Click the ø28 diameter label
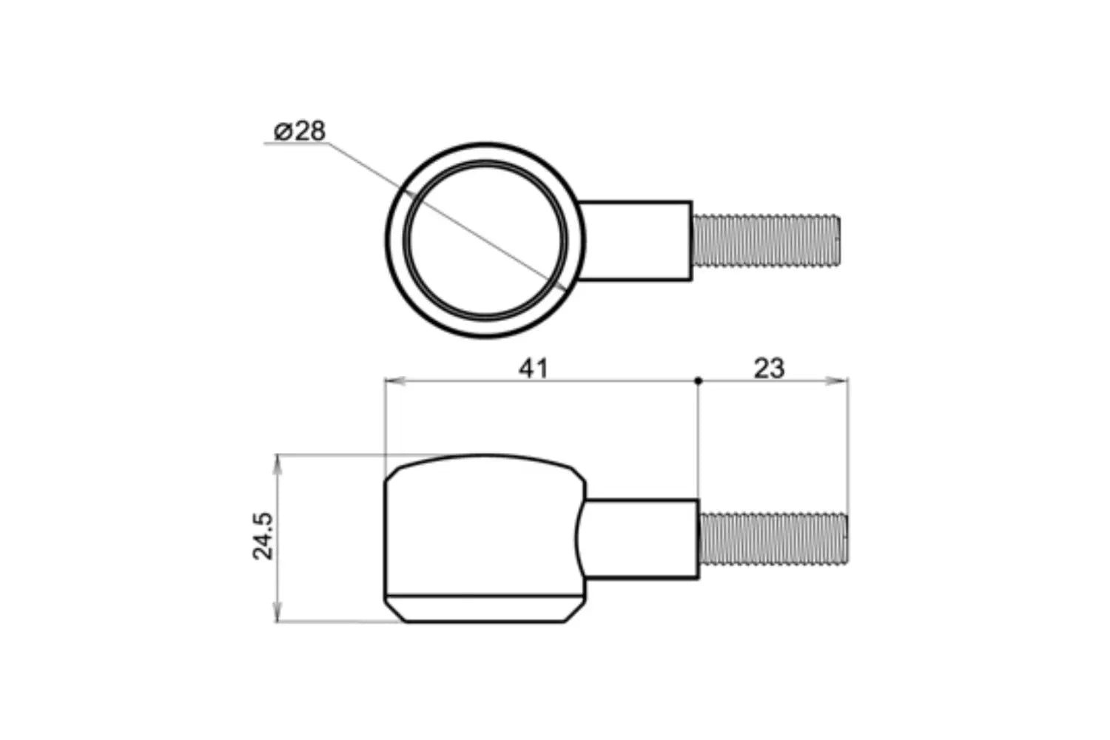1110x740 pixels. pos(300,131)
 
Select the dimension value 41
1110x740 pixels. pos(534,368)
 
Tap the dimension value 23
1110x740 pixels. pos(769,368)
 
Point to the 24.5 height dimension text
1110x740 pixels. pos(264,536)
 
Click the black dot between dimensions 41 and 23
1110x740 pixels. pos(699,381)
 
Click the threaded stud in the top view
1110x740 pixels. pos(766,240)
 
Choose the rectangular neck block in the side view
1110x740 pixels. pos(642,538)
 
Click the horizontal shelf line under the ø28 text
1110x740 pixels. pos(296,145)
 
